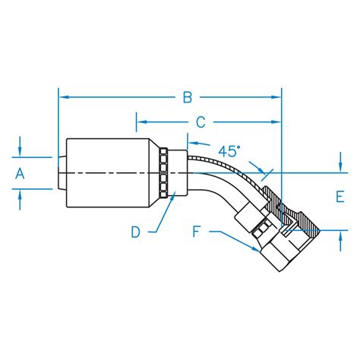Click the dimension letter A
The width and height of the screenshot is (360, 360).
21,173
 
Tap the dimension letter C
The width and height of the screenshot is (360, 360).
201,122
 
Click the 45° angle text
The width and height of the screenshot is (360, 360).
228,151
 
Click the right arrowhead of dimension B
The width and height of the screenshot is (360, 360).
277,97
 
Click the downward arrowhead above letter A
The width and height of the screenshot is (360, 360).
21,153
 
